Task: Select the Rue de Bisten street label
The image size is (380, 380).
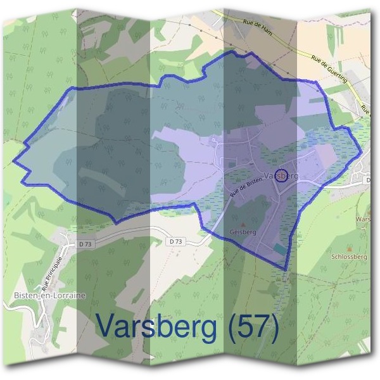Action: coord(245,189)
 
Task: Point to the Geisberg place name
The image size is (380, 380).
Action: coord(243,232)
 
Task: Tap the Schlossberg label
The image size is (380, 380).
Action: coord(349,258)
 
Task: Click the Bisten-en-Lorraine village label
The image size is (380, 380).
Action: coord(40,295)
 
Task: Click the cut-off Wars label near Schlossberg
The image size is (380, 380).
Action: coord(363,218)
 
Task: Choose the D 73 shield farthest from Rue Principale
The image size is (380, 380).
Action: coord(177,241)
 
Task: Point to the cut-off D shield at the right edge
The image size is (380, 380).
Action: coord(369,180)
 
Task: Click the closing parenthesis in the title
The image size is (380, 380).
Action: coord(273,327)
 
